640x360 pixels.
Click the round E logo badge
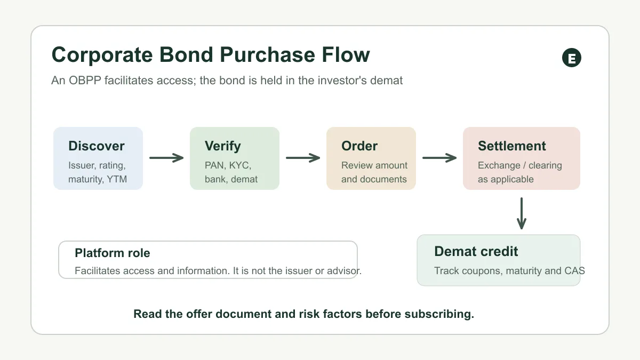click(x=571, y=58)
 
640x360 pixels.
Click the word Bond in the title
click(x=186, y=54)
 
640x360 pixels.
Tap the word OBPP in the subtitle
click(x=85, y=81)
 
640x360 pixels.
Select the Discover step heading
click(x=97, y=146)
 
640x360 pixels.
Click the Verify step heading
click(x=222, y=146)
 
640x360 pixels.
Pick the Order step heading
click(x=359, y=146)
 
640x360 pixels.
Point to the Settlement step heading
click(x=511, y=146)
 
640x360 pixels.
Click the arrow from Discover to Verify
click(x=166, y=158)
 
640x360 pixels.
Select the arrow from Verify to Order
click(x=303, y=158)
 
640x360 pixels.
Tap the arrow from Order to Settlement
click(x=439, y=158)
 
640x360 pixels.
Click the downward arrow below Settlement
click(x=522, y=213)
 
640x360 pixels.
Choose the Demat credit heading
click(x=476, y=251)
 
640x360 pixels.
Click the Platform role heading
click(x=113, y=253)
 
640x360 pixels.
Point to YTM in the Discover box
click(x=117, y=179)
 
